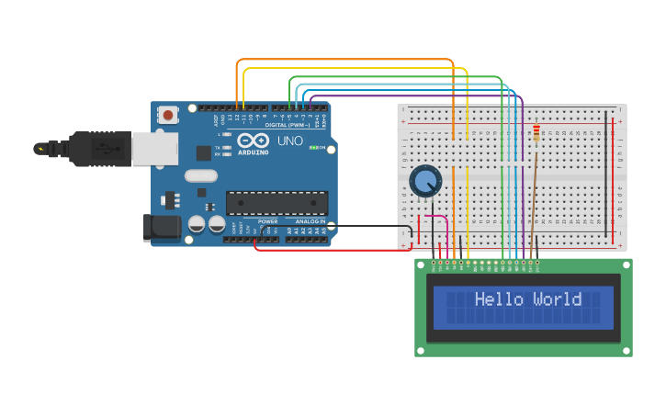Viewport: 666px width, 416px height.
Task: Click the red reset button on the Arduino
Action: point(168,116)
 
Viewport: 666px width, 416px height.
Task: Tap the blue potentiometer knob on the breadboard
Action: point(425,181)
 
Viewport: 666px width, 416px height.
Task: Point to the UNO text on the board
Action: point(290,141)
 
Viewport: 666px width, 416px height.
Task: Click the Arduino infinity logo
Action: point(252,141)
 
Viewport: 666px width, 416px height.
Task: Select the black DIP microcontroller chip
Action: point(277,203)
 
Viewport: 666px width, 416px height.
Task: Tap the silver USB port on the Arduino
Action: point(153,148)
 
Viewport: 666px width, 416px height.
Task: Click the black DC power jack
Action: point(162,228)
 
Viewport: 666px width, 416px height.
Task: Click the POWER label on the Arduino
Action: point(268,221)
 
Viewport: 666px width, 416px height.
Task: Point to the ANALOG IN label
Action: point(310,221)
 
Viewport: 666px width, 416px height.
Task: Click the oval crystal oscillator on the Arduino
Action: point(200,175)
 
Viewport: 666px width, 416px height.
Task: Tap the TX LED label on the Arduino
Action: point(218,147)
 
